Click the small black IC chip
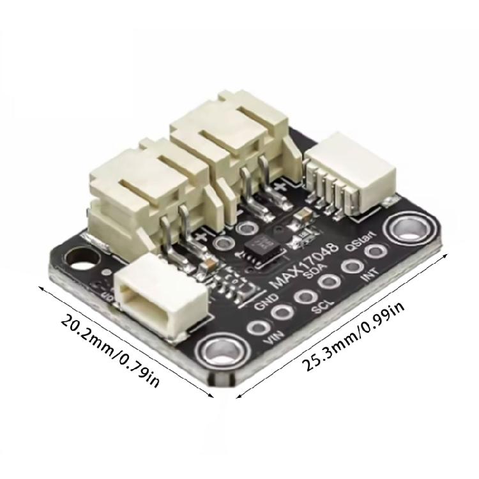click(262, 247)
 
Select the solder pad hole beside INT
click(372, 252)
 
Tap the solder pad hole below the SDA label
click(328, 281)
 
